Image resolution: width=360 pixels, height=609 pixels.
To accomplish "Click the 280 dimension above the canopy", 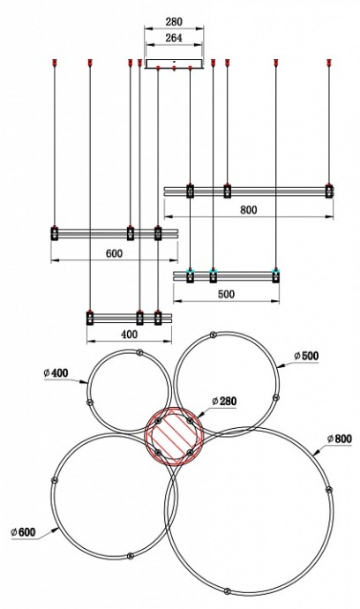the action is [x=174, y=22].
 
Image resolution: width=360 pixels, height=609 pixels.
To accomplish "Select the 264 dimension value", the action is [x=174, y=38].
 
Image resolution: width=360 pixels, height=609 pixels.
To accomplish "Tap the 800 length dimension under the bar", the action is [x=249, y=210].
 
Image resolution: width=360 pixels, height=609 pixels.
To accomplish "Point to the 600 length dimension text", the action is [x=114, y=253].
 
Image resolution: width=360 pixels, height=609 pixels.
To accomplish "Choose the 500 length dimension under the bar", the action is [x=226, y=294].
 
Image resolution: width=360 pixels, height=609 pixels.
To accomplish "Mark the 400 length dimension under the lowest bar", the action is [x=130, y=334].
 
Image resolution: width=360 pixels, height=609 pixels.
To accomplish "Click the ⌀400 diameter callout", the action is [x=56, y=373].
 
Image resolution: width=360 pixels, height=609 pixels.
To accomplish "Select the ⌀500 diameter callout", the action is [x=306, y=356].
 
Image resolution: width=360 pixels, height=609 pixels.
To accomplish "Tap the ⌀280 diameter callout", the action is [x=224, y=401].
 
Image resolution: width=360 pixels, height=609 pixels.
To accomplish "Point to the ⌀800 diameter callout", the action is [x=340, y=439].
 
